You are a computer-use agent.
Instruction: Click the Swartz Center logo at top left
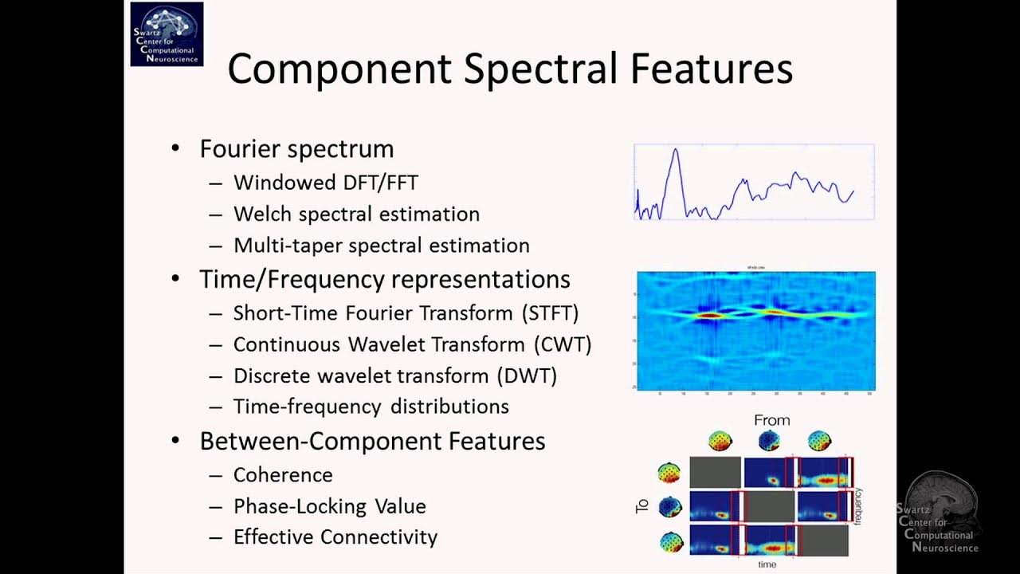[x=167, y=34]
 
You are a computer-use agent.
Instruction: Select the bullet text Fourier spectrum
[x=296, y=149]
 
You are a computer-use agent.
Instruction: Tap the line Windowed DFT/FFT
[x=325, y=183]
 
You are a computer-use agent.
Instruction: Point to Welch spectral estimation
[x=356, y=214]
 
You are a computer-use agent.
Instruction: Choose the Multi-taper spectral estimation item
[x=381, y=246]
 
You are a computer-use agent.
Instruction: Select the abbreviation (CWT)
[x=563, y=344]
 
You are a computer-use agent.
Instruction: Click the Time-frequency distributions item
[x=371, y=407]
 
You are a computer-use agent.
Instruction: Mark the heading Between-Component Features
[x=372, y=442]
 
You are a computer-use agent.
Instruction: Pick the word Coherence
[x=283, y=475]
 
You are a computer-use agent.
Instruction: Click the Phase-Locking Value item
[x=329, y=506]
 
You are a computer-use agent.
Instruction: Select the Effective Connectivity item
[x=335, y=537]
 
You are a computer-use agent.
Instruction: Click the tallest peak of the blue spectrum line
[x=675, y=150]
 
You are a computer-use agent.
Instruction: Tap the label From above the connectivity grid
[x=771, y=420]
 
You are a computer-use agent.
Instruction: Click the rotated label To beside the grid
[x=642, y=505]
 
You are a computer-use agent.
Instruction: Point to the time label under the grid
[x=767, y=564]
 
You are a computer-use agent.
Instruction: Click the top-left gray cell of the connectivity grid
[x=715, y=472]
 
